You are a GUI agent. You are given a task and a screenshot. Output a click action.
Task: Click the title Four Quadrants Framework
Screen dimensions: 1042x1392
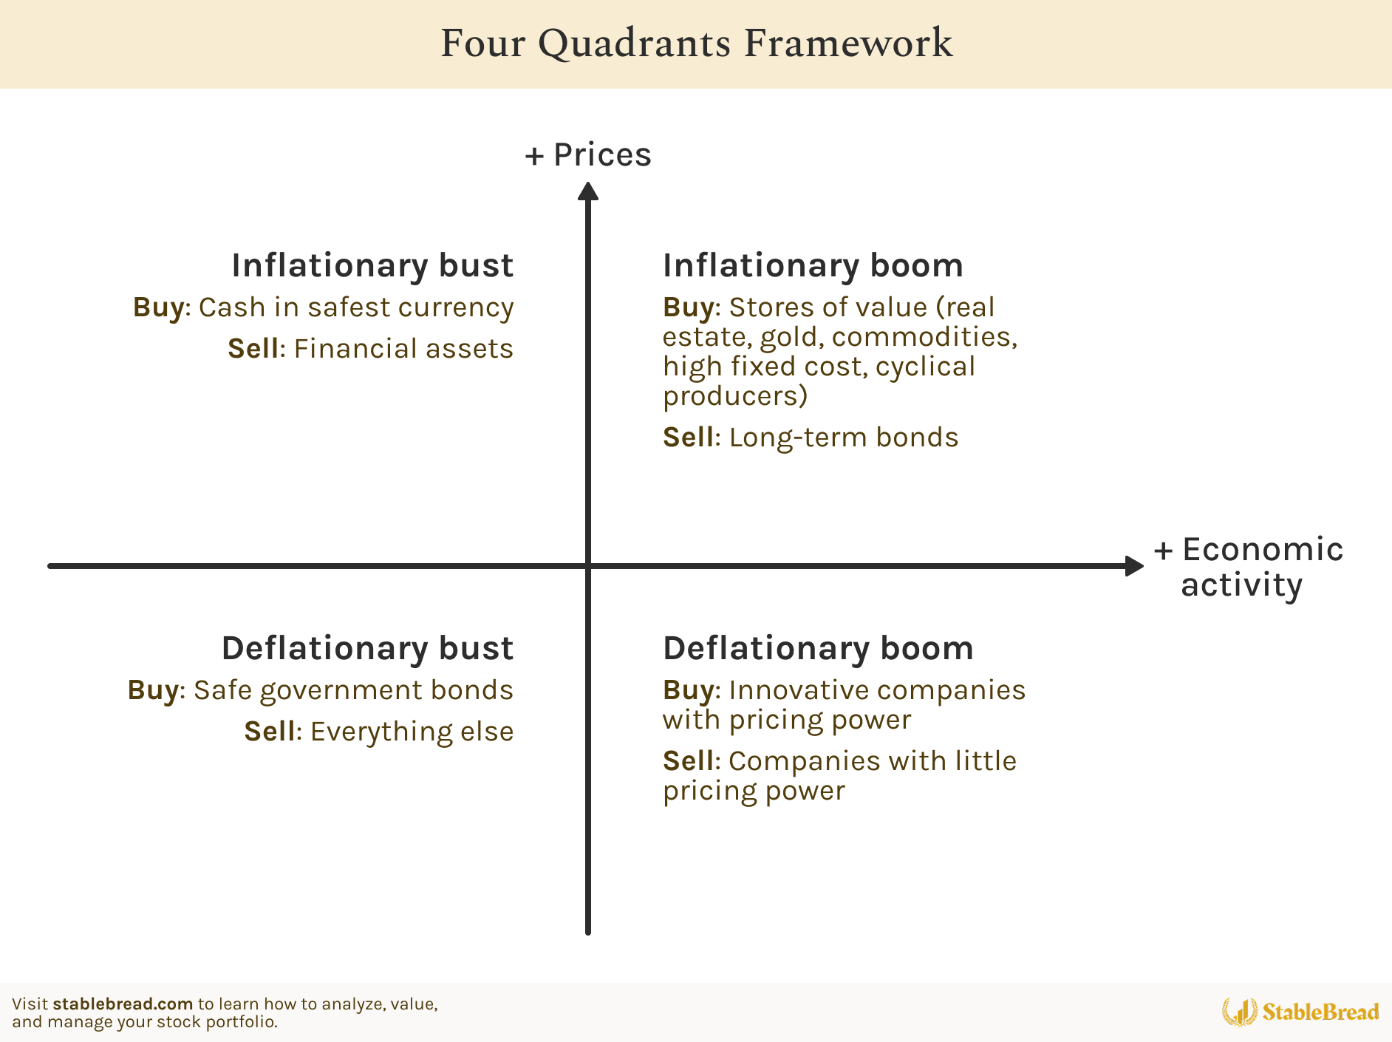point(696,43)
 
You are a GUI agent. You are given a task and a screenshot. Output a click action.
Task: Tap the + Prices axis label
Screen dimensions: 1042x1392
point(588,155)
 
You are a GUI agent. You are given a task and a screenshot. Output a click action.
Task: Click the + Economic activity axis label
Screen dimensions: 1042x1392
point(1249,567)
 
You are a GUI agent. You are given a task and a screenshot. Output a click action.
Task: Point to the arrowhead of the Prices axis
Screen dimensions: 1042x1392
point(588,191)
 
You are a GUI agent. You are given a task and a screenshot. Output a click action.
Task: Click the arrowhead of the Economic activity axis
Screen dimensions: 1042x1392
point(1134,566)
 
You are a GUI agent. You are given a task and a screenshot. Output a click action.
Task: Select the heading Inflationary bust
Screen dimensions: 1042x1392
point(372,265)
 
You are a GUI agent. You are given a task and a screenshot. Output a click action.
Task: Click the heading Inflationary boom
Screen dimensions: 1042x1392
point(813,265)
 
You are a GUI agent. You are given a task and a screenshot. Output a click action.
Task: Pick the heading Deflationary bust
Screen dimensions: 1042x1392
point(367,648)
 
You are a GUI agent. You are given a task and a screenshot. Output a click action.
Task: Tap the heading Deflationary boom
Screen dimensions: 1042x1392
point(818,648)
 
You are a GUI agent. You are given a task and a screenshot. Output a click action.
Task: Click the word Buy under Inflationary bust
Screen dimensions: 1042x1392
point(158,307)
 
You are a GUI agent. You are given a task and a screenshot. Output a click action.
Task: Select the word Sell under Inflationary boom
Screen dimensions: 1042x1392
point(688,437)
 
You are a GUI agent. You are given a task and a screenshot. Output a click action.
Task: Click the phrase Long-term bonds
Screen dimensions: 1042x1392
point(844,437)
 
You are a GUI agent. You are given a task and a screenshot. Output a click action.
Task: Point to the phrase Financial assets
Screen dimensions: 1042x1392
point(403,349)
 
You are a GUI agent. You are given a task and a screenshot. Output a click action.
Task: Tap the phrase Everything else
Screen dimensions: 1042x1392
point(412,732)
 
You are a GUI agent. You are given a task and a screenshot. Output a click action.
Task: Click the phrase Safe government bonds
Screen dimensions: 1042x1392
point(353,690)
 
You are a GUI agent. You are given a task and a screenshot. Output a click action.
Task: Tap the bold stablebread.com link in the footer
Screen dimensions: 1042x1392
point(123,1004)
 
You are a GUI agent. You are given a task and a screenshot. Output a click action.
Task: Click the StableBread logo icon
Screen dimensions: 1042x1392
point(1239,1012)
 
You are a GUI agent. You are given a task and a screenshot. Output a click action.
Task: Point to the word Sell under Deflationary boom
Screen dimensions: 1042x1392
point(688,761)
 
